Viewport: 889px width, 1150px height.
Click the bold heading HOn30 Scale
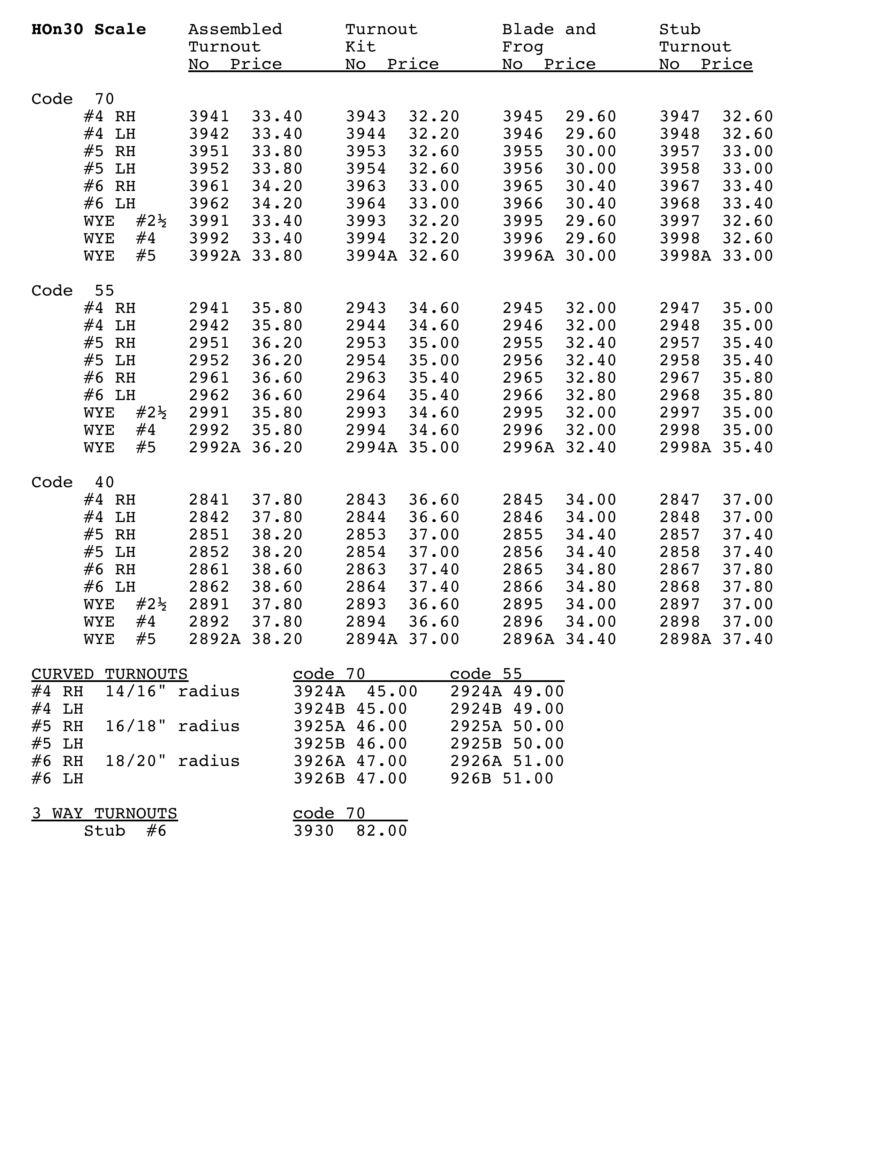89,30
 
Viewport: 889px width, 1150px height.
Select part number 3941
209,116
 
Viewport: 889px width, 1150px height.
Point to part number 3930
313,831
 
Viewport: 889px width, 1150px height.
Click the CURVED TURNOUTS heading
109,675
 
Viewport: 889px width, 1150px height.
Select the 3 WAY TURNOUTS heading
104,813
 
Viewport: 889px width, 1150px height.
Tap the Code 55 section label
73,291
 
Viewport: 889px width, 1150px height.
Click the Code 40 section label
73,482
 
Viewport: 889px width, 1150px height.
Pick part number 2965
523,378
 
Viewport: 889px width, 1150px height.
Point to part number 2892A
214,639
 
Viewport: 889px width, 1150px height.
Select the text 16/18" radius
172,727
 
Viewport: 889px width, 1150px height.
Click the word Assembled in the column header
235,30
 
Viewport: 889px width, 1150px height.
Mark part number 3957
680,152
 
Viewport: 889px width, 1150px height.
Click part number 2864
366,587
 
